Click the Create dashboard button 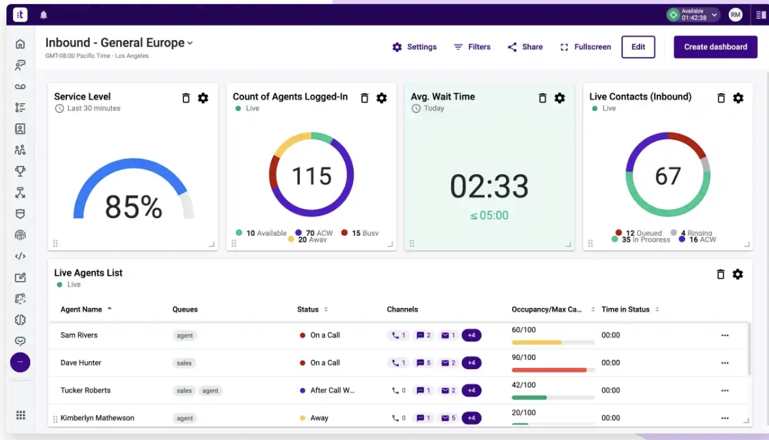coord(715,47)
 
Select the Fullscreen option coord(586,47)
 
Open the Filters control coord(472,47)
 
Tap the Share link coord(525,47)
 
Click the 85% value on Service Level coord(133,208)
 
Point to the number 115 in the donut coord(312,176)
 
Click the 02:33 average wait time coord(489,187)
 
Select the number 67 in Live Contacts coord(668,176)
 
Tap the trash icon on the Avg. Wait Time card coord(542,98)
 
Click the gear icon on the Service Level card coord(203,98)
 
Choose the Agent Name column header coord(82,309)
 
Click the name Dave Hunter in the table coord(81,363)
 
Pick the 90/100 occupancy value coord(524,358)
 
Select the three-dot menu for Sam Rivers coord(724,336)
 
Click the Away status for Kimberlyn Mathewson coord(319,418)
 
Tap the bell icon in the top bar coord(43,15)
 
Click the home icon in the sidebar coord(20,44)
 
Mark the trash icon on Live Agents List coord(720,275)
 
